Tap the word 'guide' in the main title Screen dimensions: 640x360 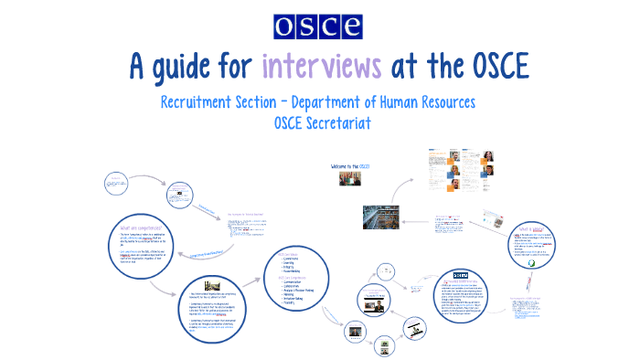coord(208,68)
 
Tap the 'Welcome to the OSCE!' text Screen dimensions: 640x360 coord(348,166)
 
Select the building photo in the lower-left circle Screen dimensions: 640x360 coord(213,284)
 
